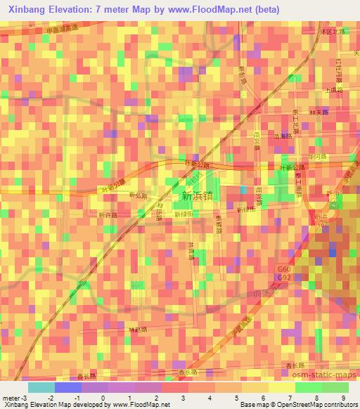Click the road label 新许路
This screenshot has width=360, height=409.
pyautogui.click(x=107, y=214)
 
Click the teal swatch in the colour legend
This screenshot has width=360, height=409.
pyautogui.click(x=41, y=387)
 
